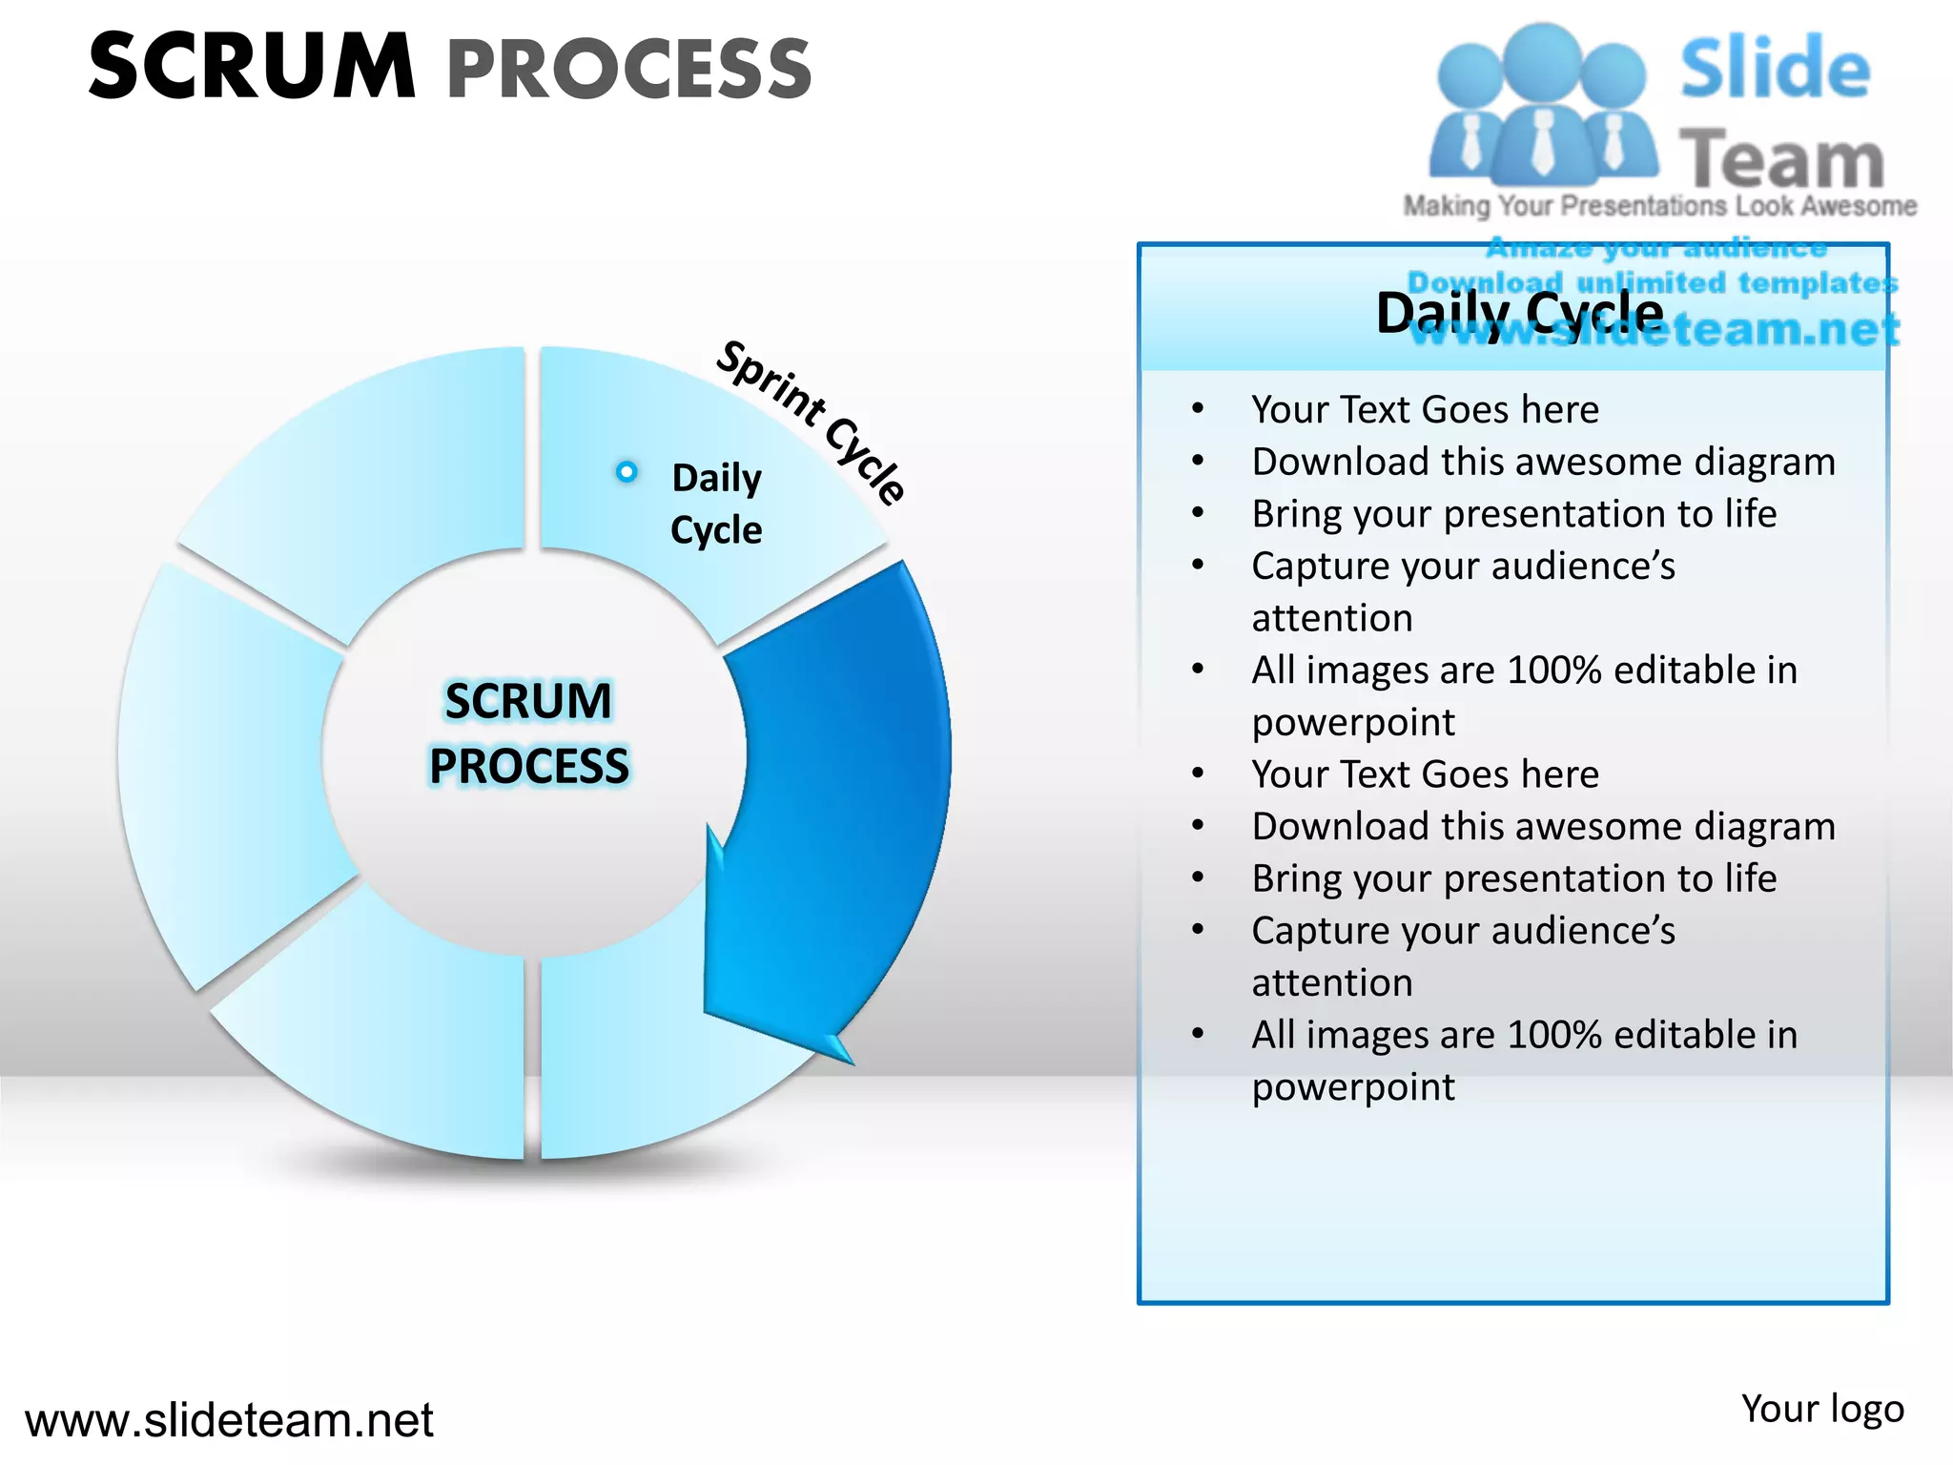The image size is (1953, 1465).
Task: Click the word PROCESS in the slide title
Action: coord(629,70)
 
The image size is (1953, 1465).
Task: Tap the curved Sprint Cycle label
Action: coord(811,420)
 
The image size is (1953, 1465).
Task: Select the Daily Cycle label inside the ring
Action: coord(716,504)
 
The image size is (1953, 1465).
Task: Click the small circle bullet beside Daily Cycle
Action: coord(627,471)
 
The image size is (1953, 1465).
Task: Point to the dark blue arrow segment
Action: coord(849,763)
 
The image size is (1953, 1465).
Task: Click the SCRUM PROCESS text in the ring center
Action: coord(529,733)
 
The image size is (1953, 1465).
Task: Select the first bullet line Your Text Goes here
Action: coord(1425,410)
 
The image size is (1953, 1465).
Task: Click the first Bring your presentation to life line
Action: coord(1513,514)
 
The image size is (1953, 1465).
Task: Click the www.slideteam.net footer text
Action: coord(229,1420)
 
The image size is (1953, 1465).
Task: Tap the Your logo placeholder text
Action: coord(1821,1409)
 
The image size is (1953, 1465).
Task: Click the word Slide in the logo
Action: coord(1775,69)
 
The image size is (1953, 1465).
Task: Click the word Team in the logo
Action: coord(1780,159)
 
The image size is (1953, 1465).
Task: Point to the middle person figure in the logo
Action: coord(1542,105)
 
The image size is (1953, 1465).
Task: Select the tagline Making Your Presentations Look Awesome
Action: coord(1659,206)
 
